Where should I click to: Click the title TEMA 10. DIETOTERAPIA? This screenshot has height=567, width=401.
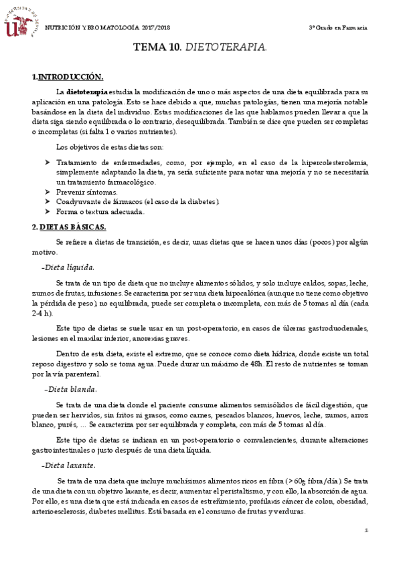[x=200, y=47]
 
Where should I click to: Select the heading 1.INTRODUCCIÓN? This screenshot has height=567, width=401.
[x=68, y=78]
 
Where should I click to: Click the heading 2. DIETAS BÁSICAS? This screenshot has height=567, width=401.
[x=69, y=227]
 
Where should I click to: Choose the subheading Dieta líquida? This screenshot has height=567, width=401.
[x=70, y=267]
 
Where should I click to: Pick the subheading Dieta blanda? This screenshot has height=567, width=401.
[x=70, y=388]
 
